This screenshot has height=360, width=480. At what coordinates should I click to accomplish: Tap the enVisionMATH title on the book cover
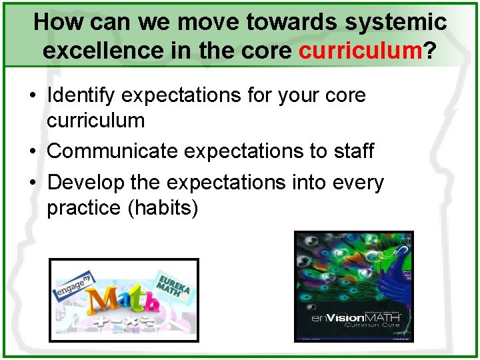click(356, 318)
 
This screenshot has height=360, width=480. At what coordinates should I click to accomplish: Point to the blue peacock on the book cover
click(393, 267)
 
